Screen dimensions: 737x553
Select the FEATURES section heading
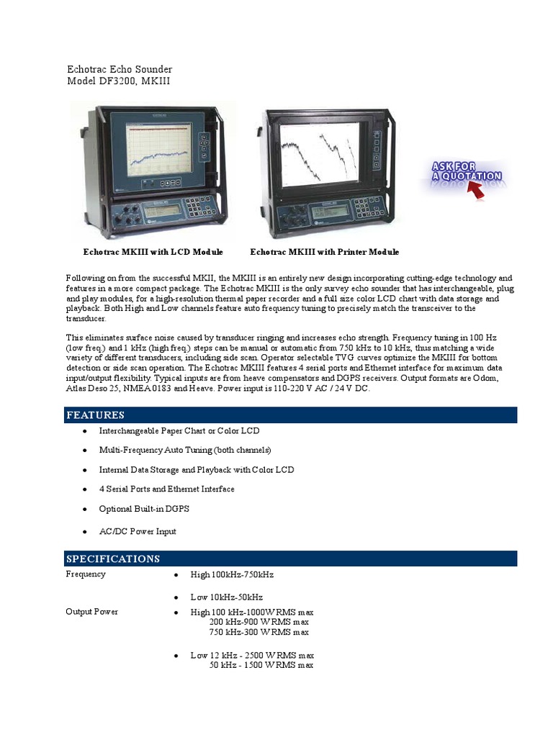click(95, 415)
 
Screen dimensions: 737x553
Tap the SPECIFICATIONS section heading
click(113, 559)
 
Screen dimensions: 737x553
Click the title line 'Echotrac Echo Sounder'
click(120, 69)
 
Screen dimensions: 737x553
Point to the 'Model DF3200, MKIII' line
click(119, 81)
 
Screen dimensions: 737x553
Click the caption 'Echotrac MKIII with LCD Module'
click(153, 252)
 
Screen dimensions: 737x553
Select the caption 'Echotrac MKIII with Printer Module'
click(324, 252)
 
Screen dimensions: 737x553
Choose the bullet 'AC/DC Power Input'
click(138, 531)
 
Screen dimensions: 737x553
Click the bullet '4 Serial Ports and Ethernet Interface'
click(166, 489)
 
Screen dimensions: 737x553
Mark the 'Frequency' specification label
click(86, 574)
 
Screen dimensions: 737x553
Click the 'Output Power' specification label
click(92, 611)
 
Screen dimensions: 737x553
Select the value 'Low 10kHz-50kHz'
click(226, 597)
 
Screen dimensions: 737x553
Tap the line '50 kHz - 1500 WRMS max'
click(261, 666)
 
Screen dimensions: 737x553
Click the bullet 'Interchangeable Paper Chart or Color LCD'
click(179, 430)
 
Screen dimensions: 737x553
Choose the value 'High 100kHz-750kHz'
click(232, 574)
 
